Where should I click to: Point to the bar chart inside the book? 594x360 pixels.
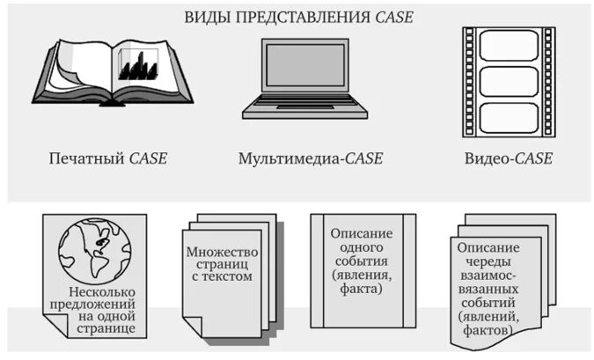click(x=138, y=67)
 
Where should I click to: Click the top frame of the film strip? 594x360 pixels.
click(x=509, y=46)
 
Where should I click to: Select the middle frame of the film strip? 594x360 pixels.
click(x=509, y=82)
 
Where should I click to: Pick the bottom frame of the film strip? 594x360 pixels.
click(x=509, y=116)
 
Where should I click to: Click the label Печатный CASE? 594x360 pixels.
click(x=108, y=159)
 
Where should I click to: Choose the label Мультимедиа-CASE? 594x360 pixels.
click(x=311, y=159)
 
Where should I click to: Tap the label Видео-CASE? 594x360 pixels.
click(x=509, y=159)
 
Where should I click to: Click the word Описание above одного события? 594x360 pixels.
click(x=361, y=234)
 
